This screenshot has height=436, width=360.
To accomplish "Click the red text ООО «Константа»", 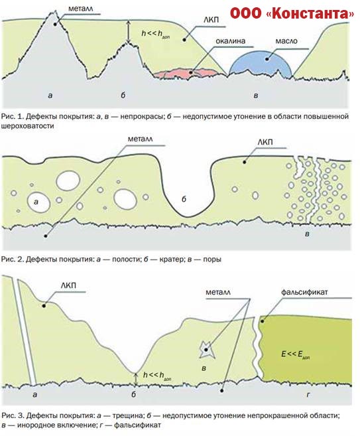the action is (x=292, y=13).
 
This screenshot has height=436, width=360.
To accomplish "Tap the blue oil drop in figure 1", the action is (x=261, y=64).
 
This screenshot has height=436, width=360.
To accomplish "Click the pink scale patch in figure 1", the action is (x=186, y=73).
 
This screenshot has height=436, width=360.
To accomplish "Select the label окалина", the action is (x=230, y=41).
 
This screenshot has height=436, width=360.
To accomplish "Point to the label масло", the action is (x=286, y=41).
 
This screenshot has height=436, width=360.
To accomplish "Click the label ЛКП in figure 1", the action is (x=211, y=19).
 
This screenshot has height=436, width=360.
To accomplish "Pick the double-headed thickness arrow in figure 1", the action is (x=128, y=32).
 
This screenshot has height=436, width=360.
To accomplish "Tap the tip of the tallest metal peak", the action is (x=55, y=11).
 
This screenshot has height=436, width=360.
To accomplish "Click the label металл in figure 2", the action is (x=140, y=139).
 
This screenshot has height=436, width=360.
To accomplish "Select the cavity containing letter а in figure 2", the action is (x=38, y=202).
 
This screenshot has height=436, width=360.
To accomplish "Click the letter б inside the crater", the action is (x=184, y=199).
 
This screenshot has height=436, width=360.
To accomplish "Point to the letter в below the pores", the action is (x=307, y=234).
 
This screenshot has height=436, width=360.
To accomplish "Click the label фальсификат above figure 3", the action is (x=304, y=292).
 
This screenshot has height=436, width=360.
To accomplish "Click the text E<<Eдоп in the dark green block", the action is (x=295, y=355).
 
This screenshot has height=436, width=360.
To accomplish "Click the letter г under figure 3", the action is (x=308, y=394).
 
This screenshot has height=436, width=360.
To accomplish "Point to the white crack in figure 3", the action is (x=24, y=331).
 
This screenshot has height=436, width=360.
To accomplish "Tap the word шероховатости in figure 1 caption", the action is (x=28, y=125).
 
